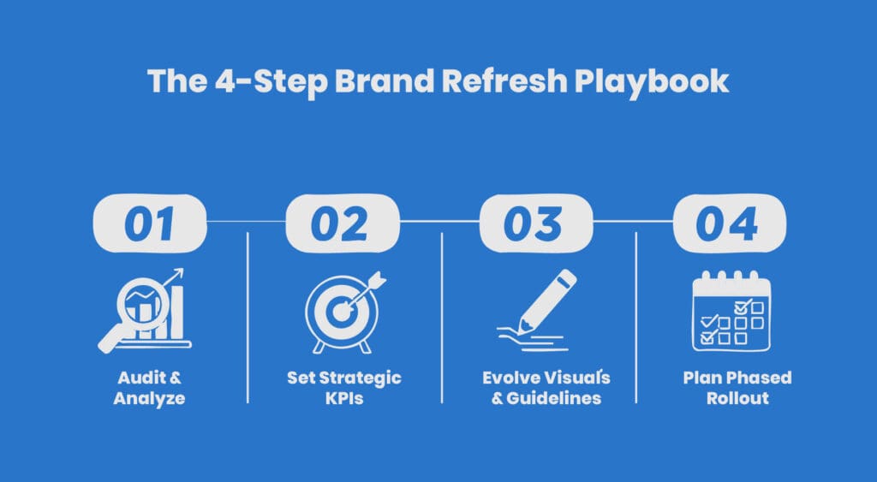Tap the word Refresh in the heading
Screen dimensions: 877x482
[504, 80]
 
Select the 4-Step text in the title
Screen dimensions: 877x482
[271, 81]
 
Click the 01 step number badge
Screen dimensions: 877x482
[150, 223]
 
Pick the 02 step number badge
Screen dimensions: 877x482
[343, 223]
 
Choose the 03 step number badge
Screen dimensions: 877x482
[536, 223]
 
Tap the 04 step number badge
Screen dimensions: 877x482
[729, 223]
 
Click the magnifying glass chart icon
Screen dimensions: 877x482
[144, 310]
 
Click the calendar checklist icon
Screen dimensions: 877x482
[731, 311]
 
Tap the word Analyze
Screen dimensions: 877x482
[149, 399]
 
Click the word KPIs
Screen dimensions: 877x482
[344, 398]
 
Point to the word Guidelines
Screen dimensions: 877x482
[554, 398]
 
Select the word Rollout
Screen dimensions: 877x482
[737, 398]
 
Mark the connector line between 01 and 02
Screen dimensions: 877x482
[246, 222]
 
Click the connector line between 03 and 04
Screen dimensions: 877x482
[633, 222]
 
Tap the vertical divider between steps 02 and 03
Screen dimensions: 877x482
[442, 318]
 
